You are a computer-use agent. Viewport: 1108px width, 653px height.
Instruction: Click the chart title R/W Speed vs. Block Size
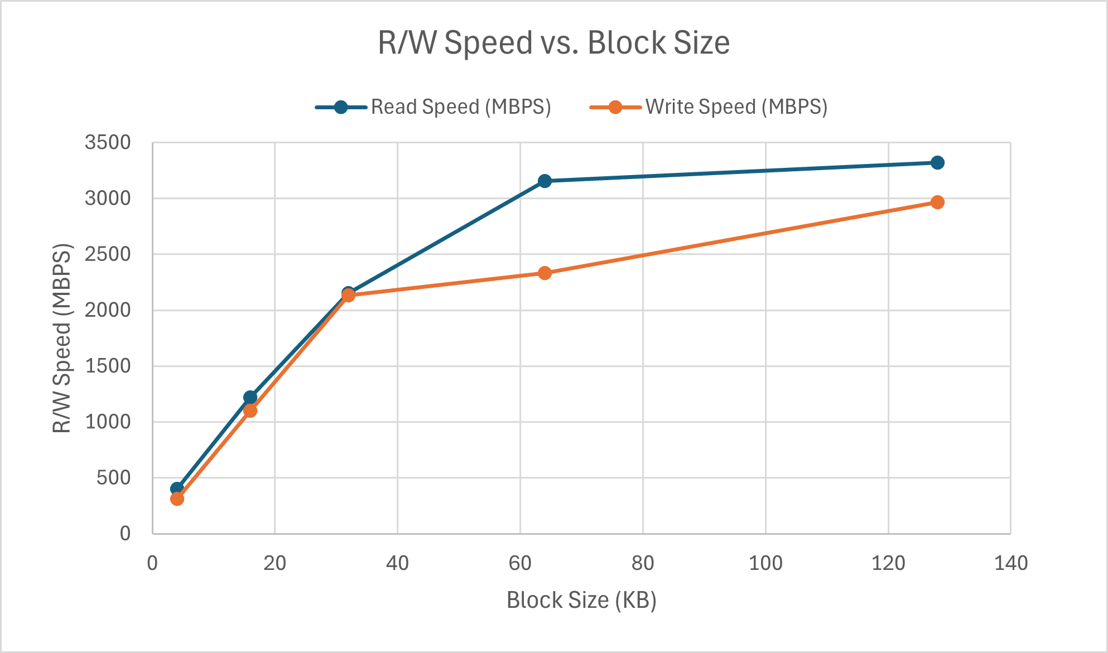tap(553, 43)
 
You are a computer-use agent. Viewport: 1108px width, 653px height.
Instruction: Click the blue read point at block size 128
tap(937, 163)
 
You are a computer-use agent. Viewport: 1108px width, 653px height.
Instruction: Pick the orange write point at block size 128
tap(937, 202)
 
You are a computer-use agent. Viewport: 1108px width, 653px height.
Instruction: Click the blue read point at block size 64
tap(545, 181)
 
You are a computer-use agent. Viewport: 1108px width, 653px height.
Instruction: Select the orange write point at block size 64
tap(545, 273)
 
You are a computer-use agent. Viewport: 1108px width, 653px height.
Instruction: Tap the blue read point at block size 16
tap(250, 397)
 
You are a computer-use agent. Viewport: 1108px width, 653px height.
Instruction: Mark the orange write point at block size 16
tap(250, 411)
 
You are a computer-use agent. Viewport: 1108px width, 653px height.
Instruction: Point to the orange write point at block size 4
tap(177, 499)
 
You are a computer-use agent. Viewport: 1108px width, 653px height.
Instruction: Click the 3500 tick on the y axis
tap(108, 143)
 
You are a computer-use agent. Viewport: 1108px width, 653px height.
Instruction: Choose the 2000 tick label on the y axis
tap(108, 310)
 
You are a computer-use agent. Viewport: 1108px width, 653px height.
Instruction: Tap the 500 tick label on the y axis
tap(114, 478)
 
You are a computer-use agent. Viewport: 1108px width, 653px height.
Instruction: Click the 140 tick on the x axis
tap(1010, 563)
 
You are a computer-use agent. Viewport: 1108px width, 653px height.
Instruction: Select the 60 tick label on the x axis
tap(520, 563)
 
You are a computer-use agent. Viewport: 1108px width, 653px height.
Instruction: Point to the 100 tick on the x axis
tap(765, 563)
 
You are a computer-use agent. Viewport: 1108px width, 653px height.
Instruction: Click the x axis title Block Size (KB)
tap(581, 601)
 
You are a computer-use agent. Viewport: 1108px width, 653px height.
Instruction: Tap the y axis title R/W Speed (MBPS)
tap(62, 338)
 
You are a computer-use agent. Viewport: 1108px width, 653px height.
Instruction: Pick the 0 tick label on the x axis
tap(152, 563)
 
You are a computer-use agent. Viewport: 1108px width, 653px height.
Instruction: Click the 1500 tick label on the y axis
tap(108, 366)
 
